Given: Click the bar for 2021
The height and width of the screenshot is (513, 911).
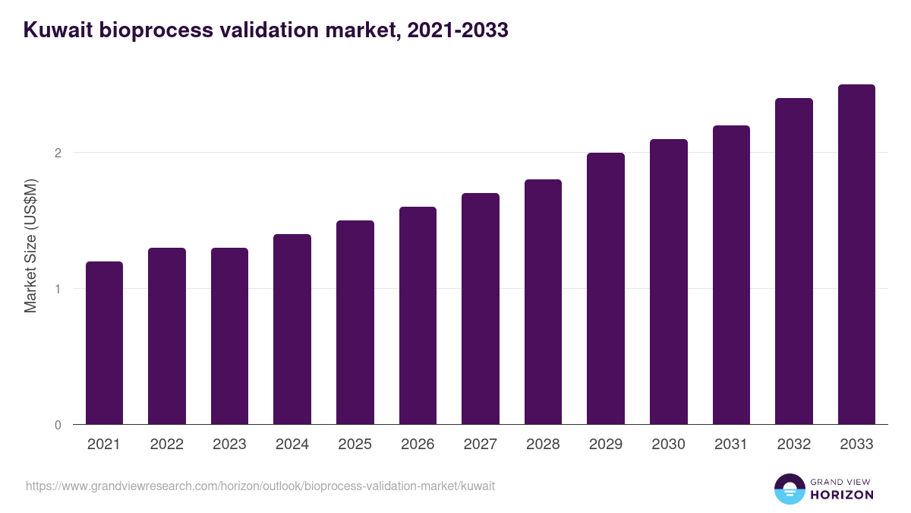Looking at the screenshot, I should pyautogui.click(x=104, y=343).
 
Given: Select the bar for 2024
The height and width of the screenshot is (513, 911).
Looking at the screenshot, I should pyautogui.click(x=292, y=329).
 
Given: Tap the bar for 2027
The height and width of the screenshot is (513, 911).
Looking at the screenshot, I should pyautogui.click(x=481, y=309).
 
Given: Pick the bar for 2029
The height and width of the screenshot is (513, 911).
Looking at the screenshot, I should pyautogui.click(x=606, y=289).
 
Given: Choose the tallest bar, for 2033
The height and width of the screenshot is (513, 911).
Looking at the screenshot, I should pyautogui.click(x=856, y=255).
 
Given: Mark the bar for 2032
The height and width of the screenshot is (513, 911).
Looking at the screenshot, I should pyautogui.click(x=794, y=261).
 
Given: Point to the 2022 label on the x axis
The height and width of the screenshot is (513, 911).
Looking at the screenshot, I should pyautogui.click(x=167, y=445).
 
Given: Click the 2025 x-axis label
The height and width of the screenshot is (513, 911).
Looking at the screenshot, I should pyautogui.click(x=355, y=445).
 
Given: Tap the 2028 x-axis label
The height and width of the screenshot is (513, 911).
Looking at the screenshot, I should pyautogui.click(x=543, y=445).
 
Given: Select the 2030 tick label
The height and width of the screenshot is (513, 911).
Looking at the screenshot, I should pyautogui.click(x=668, y=445).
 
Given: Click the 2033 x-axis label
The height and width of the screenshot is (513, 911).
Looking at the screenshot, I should pyautogui.click(x=856, y=445).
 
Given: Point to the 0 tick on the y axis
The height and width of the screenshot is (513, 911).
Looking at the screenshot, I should pyautogui.click(x=58, y=425).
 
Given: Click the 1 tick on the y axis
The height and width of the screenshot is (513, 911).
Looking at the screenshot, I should pyautogui.click(x=58, y=289).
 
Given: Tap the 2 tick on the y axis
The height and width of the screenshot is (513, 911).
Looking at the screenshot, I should pyautogui.click(x=58, y=153).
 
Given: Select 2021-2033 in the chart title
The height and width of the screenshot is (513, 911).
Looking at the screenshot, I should pyautogui.click(x=457, y=31).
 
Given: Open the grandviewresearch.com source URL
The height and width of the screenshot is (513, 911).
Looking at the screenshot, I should pyautogui.click(x=260, y=486).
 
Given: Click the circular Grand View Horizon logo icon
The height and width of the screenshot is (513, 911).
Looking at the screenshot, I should pyautogui.click(x=790, y=489).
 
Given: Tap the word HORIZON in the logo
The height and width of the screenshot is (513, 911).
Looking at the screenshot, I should pyautogui.click(x=841, y=495).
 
